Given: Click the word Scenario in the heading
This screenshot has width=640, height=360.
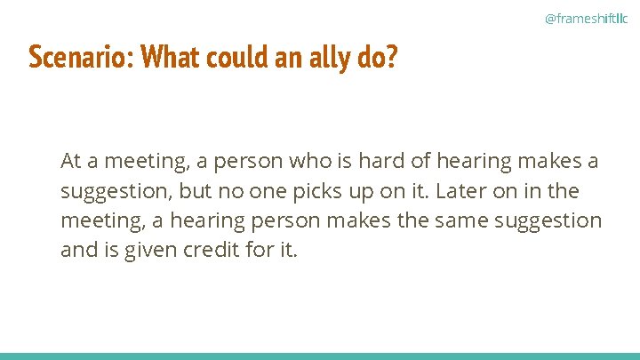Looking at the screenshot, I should coord(81,58).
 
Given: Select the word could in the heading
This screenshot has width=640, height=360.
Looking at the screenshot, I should coord(233,58).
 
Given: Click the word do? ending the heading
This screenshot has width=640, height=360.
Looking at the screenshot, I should coord(380,58).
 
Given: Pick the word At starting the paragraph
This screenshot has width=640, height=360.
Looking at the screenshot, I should coord(71,162).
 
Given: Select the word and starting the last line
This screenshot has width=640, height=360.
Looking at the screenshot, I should coord(77,251).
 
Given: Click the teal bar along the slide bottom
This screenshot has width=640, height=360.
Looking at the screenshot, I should coord(320,356).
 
